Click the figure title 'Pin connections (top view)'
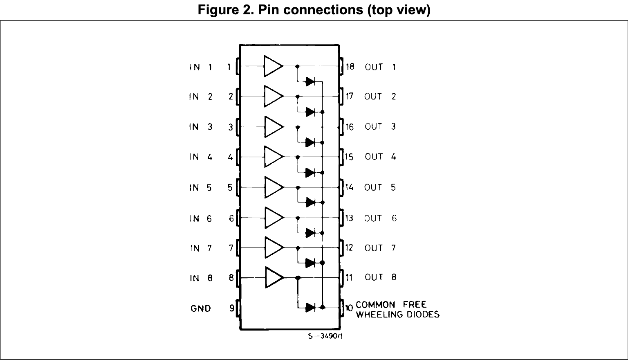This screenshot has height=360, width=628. pyautogui.click(x=314, y=10)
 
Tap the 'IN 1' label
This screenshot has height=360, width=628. pyautogui.click(x=201, y=67)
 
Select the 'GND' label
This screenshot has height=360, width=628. pyautogui.click(x=201, y=308)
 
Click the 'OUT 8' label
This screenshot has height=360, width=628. pyautogui.click(x=380, y=277)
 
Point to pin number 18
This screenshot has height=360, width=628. pyautogui.click(x=350, y=67)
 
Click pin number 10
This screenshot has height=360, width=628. pyautogui.click(x=349, y=308)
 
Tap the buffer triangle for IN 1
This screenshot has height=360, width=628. pyautogui.click(x=273, y=66)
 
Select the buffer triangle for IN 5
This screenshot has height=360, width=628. pyautogui.click(x=273, y=187)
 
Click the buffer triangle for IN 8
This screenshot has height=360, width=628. pyautogui.click(x=274, y=277)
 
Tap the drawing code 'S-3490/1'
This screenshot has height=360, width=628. pyautogui.click(x=325, y=336)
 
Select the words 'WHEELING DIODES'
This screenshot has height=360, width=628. pyautogui.click(x=397, y=315)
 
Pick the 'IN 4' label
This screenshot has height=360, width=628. pyautogui.click(x=201, y=157)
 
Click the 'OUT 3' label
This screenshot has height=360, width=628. pyautogui.click(x=380, y=126)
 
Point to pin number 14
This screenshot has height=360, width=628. pyautogui.click(x=349, y=187)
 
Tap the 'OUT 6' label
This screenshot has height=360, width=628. pyautogui.click(x=380, y=218)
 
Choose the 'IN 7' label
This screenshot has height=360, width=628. pyautogui.click(x=201, y=248)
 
